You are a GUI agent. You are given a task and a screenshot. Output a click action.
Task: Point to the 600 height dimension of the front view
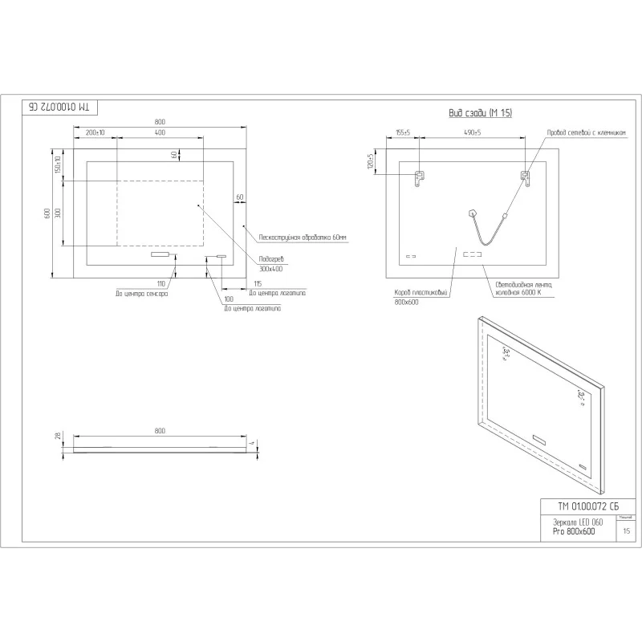pyautogui.click(x=47, y=213)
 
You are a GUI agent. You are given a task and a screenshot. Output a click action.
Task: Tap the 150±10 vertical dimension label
pyautogui.click(x=58, y=164)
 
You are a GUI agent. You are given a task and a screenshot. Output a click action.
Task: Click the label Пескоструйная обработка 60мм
pyautogui.click(x=303, y=238)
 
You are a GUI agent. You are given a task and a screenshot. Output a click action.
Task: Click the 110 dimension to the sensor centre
pyautogui.click(x=160, y=283)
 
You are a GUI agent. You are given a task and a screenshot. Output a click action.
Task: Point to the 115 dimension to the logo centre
pyautogui.click(x=258, y=283)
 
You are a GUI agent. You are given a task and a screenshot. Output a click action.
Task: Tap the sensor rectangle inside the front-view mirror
pyautogui.click(x=161, y=255)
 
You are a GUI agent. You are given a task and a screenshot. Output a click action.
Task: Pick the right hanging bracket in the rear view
pyautogui.click(x=526, y=178)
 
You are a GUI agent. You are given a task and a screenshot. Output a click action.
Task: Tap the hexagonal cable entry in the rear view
pyautogui.click(x=472, y=213)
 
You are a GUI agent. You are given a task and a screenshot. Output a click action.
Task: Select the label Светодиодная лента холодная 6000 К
pyautogui.click(x=523, y=288)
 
